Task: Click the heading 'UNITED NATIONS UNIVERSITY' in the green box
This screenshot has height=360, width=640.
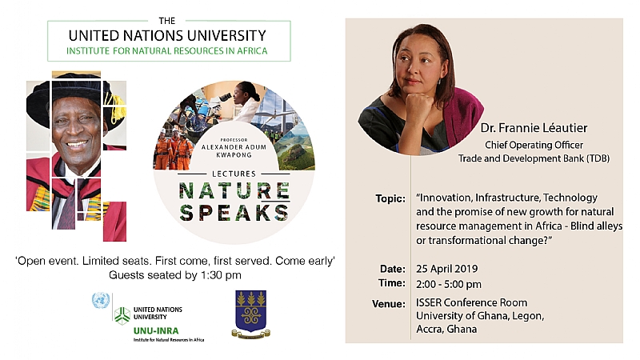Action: (x=168, y=35)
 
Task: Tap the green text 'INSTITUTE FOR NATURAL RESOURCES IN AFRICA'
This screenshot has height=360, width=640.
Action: (x=168, y=51)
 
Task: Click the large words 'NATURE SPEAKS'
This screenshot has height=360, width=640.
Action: (x=234, y=202)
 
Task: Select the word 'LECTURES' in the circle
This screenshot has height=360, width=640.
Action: (x=234, y=174)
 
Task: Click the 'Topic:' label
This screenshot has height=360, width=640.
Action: (x=390, y=198)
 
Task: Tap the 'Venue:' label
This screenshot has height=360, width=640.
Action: (x=389, y=303)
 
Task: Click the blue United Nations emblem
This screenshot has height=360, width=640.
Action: (x=100, y=301)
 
